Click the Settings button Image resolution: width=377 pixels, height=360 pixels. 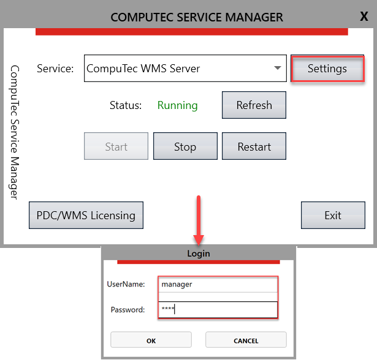[327, 69]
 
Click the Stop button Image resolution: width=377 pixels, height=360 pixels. [185, 147]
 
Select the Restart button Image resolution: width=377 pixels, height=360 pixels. [254, 147]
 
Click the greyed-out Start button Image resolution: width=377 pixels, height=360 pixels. [116, 147]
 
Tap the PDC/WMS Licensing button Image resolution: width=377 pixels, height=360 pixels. [86, 216]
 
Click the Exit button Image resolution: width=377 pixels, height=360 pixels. [333, 216]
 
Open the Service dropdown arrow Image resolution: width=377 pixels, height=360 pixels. [278, 68]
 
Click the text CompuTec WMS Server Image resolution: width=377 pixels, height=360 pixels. [143, 69]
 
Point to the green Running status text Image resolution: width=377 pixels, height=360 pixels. [177, 105]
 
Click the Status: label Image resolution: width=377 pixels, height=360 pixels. [125, 105]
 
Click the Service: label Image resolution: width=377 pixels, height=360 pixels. [55, 69]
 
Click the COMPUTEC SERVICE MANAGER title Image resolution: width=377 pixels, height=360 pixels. [197, 17]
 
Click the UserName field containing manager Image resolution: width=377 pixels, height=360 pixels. [218, 284]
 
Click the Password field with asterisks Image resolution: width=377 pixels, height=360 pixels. [218, 309]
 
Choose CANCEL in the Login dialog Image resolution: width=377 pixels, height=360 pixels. [246, 340]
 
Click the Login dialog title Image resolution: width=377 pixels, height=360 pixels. [198, 253]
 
